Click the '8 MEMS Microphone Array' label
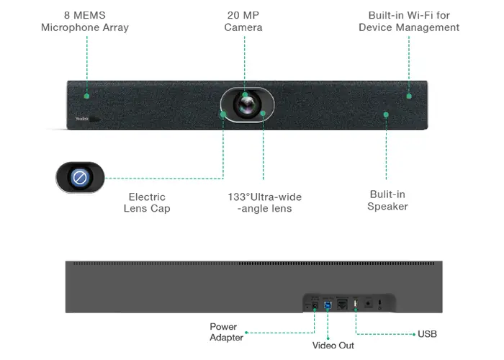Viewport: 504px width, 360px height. click(85, 22)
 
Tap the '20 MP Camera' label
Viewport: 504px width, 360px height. click(243, 22)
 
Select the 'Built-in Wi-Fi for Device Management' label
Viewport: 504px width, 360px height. click(409, 22)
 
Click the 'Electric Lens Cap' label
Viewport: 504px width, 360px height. click(147, 202)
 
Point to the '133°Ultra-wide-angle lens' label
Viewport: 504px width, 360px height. click(264, 202)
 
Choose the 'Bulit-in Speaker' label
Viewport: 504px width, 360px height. click(387, 200)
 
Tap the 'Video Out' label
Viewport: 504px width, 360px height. click(333, 346)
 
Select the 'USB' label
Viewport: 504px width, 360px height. click(427, 334)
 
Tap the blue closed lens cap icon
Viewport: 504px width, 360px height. click(80, 177)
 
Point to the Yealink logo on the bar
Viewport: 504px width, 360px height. click(84, 119)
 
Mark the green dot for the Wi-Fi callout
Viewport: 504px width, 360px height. click(408, 95)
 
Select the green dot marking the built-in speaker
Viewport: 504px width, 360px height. click(386, 114)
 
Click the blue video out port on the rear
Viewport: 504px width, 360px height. click(328, 305)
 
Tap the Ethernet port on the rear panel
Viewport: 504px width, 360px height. click(342, 305)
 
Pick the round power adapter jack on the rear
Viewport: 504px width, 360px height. click(315, 305)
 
